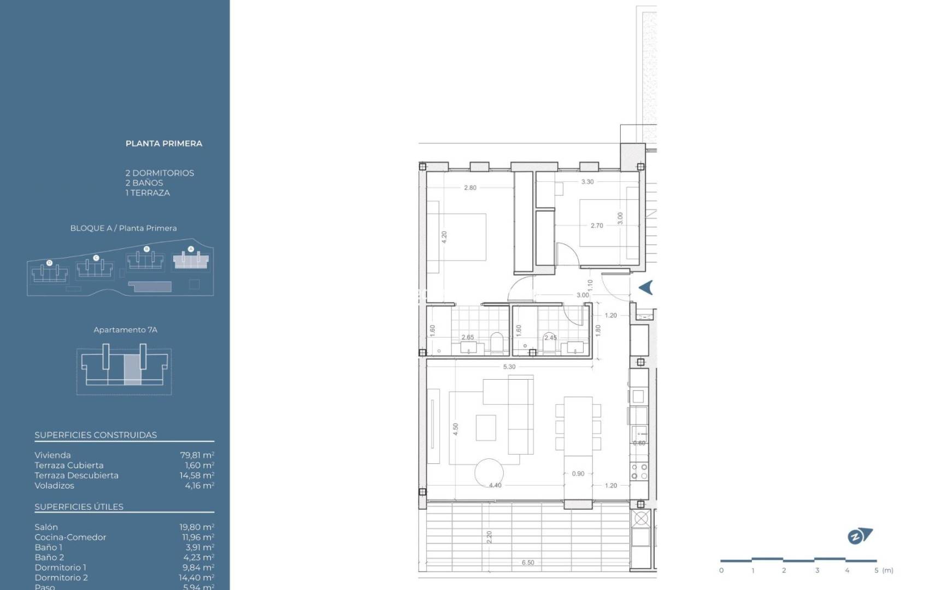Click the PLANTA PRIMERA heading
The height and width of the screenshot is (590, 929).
click(163, 144)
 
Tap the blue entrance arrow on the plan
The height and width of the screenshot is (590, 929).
click(646, 287)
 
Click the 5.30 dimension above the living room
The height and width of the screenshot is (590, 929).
click(509, 367)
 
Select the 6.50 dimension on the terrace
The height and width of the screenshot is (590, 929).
click(528, 562)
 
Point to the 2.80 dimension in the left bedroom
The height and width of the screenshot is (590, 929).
click(470, 188)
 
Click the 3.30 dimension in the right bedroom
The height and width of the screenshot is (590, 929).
click(587, 182)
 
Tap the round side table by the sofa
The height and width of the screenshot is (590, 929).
click(489, 473)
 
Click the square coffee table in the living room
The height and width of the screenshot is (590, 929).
click(486, 428)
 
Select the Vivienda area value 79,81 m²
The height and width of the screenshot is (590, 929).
click(197, 455)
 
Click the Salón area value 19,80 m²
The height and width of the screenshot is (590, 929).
click(197, 527)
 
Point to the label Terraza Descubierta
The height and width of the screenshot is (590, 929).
click(77, 475)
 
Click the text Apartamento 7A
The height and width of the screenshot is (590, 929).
click(125, 330)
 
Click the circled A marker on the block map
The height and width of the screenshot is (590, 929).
click(191, 249)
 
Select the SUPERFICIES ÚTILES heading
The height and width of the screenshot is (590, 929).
click(79, 507)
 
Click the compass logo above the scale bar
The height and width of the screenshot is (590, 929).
click(859, 536)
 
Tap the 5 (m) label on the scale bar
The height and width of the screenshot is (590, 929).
click(883, 570)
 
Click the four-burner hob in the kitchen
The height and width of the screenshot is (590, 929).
click(639, 471)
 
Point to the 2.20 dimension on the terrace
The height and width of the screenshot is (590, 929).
click(489, 537)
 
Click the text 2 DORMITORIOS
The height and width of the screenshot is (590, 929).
click(160, 173)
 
